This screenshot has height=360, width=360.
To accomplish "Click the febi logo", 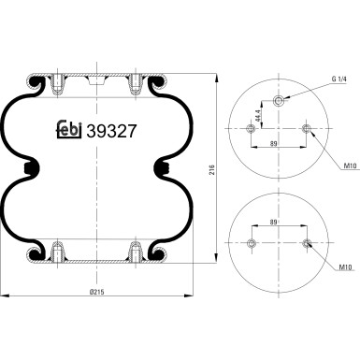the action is [x=69, y=130].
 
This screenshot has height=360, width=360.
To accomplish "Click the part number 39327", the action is [x=111, y=131].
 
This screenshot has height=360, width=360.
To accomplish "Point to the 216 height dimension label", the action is [x=212, y=169].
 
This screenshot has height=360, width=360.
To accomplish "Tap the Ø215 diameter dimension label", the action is [x=96, y=292].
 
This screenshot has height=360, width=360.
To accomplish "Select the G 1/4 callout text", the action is [x=338, y=79].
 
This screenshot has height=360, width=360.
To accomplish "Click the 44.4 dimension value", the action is [x=257, y=116].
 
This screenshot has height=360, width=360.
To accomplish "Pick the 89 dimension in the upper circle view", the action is [x=274, y=143].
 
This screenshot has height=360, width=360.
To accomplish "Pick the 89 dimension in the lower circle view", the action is [x=273, y=223].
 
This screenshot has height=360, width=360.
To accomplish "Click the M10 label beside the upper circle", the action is [x=350, y=166].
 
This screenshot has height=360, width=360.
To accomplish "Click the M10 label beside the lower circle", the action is [x=345, y=267].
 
